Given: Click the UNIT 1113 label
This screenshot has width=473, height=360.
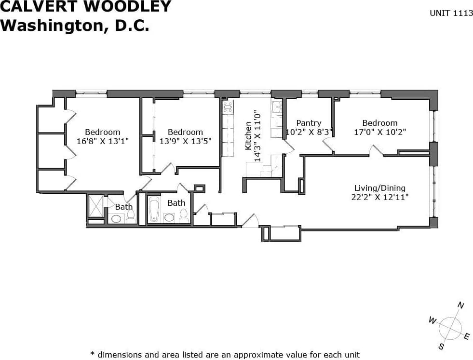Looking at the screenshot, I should (x=451, y=13).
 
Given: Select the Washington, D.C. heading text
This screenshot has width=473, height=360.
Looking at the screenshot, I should (x=75, y=25).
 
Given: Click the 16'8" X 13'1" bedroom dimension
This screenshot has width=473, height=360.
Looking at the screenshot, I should (x=103, y=141).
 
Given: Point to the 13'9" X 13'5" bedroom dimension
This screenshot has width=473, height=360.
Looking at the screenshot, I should (x=185, y=141).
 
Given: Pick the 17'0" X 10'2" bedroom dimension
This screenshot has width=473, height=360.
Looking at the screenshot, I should (x=380, y=132).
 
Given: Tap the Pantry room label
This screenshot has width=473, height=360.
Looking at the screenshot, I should (x=309, y=123).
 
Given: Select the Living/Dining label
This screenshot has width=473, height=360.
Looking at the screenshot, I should (x=380, y=188).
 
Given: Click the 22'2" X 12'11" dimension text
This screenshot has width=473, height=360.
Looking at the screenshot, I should (x=380, y=197).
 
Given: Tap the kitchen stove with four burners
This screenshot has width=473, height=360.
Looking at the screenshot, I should (x=228, y=107).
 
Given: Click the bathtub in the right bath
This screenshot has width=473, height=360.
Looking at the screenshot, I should (x=154, y=210).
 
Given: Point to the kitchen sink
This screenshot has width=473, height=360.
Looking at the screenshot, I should (x=276, y=107).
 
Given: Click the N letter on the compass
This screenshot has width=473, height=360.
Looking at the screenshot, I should (x=460, y=305).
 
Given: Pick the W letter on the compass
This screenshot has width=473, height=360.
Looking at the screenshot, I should (x=432, y=320).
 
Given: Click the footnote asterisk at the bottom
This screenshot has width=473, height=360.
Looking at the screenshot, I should (x=93, y=354).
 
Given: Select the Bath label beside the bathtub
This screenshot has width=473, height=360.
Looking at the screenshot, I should (x=176, y=203).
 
